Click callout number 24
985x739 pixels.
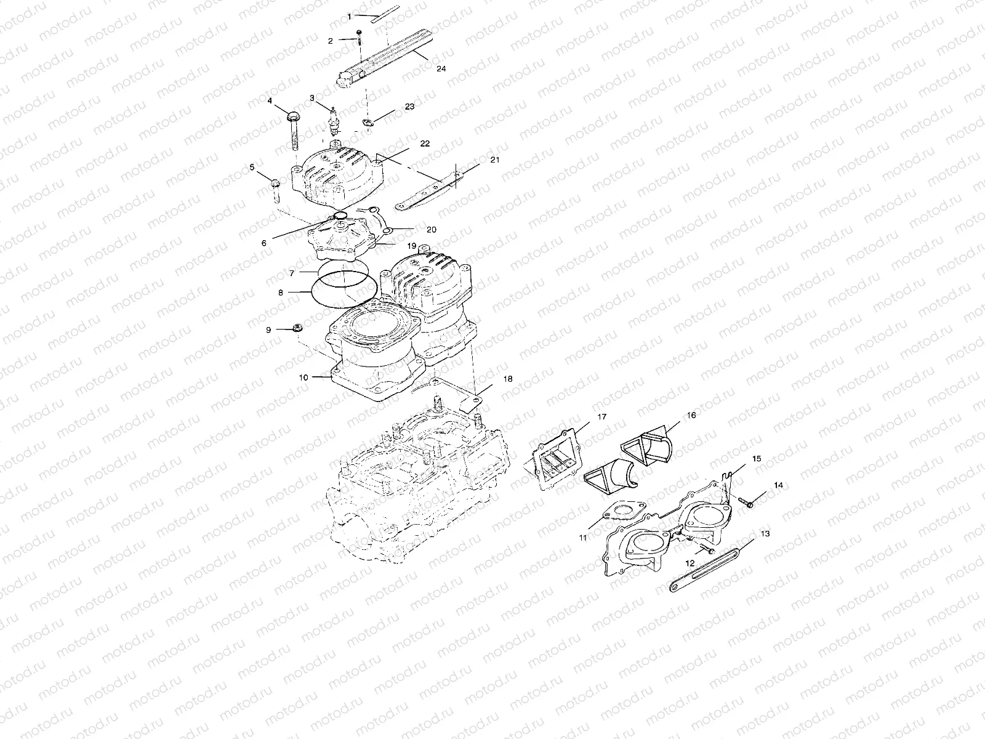tap(441, 69)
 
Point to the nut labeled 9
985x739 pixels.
tap(295, 328)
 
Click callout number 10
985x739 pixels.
tap(304, 378)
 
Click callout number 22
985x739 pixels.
tap(442, 143)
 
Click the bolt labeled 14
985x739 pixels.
tap(747, 503)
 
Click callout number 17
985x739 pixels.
tap(602, 417)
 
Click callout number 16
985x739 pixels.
tap(691, 416)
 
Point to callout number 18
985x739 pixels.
tap(508, 379)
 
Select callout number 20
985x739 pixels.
tap(431, 229)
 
